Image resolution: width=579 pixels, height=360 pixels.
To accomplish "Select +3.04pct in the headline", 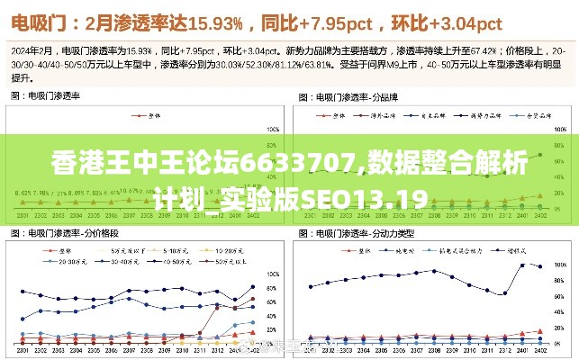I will [470, 21].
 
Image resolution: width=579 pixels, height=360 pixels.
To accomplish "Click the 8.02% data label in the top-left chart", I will [22, 193].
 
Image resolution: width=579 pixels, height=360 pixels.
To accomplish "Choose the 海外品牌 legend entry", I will [384, 115].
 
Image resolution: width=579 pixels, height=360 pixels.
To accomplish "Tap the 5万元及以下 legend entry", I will [125, 249].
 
